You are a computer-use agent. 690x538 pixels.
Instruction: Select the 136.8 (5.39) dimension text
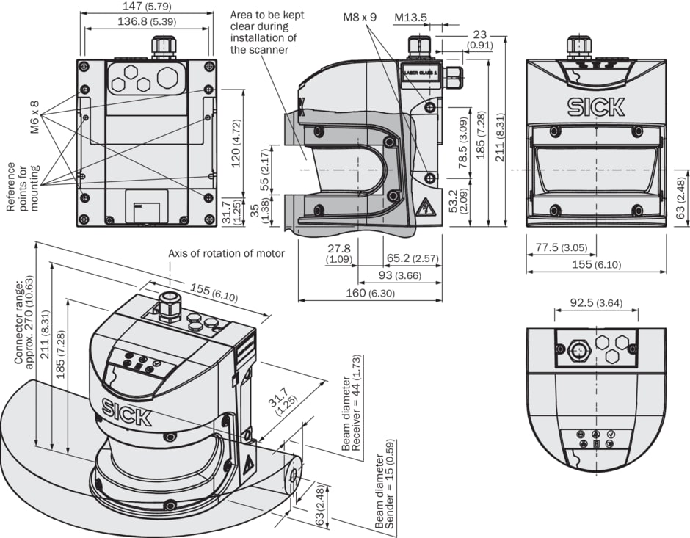coord(146,22)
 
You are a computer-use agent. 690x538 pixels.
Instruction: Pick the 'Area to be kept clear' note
coord(267,32)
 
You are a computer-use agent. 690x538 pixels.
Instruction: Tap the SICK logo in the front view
coord(596,106)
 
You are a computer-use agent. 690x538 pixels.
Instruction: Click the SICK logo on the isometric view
coord(127,412)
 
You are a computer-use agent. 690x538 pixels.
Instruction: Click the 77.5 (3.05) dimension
coord(561,247)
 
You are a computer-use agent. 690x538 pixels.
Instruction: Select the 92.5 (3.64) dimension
coord(595,302)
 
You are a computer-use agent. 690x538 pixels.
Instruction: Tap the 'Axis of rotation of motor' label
coord(226,253)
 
